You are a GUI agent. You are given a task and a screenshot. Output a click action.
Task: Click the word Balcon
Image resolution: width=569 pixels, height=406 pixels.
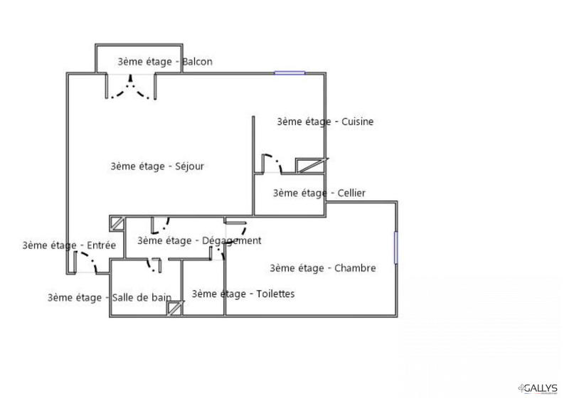197,62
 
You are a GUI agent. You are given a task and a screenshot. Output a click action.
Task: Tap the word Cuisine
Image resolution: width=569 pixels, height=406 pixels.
358,122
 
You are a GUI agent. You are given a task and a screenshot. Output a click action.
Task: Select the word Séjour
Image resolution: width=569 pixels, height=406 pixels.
189,166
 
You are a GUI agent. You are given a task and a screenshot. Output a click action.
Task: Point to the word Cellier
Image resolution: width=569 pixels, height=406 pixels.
351,193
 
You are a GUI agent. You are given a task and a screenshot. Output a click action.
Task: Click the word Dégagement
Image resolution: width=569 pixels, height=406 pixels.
232,241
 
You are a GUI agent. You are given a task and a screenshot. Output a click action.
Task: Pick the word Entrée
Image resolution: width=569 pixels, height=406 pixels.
101,245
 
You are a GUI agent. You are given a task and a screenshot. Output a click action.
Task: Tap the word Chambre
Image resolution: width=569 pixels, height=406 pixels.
355,268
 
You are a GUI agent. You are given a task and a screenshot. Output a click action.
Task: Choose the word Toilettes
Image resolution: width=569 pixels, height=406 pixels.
275,294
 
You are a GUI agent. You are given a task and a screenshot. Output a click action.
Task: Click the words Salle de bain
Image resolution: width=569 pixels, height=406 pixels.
142,297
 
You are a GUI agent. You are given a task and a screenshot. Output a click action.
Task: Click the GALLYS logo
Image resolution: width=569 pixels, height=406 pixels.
538,388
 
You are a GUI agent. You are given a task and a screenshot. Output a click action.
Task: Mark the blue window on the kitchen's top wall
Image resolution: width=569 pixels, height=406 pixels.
289,73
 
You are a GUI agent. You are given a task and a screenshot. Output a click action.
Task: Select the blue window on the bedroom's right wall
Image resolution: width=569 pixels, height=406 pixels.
396,248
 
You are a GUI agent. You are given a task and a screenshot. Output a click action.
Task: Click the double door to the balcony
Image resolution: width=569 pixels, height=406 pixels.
131,86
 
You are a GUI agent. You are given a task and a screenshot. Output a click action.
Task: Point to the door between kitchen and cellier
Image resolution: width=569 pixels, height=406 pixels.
272,164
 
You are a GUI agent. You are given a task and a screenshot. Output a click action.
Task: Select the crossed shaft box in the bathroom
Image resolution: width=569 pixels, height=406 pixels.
175,309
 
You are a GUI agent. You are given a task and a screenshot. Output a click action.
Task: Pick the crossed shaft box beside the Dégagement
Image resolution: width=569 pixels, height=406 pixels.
117,223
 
